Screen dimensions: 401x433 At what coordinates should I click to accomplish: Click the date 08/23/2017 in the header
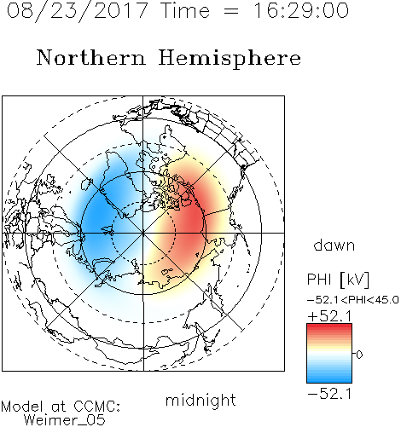(x=78, y=11)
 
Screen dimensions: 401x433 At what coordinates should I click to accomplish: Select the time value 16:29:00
(x=301, y=11)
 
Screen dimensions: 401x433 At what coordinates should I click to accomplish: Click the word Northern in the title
(x=91, y=57)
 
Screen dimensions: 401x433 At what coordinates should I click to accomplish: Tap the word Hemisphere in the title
(x=230, y=59)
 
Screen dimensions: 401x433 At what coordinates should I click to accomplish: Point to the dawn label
(x=334, y=245)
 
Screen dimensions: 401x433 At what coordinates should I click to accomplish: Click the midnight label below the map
(x=200, y=400)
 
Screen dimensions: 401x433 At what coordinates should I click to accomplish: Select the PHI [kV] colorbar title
(x=338, y=280)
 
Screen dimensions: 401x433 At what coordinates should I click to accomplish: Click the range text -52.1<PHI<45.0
(x=353, y=300)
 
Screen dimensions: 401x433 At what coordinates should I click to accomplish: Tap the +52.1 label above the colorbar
(x=329, y=316)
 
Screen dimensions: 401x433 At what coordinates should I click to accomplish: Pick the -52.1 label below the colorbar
(x=329, y=394)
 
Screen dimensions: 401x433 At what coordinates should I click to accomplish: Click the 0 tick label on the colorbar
(x=359, y=355)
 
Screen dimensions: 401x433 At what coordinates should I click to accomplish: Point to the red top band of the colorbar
(x=329, y=327)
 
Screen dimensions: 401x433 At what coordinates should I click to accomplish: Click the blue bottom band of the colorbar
(x=329, y=379)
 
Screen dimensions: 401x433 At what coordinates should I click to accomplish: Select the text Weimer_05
(x=65, y=420)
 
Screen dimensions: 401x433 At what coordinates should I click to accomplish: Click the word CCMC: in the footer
(x=97, y=407)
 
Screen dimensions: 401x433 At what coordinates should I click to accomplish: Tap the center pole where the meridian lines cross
(x=143, y=233)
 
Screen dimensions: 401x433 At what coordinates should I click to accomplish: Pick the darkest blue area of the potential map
(x=96, y=216)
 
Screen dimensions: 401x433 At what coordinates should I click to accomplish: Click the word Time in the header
(x=185, y=11)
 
